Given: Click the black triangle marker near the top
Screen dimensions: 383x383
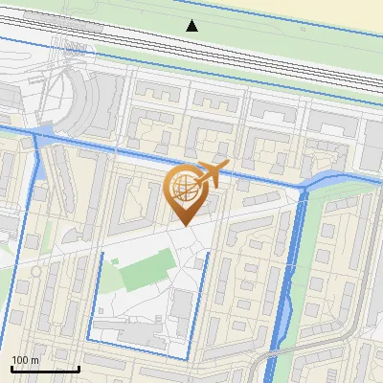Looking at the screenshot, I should tap(192, 25).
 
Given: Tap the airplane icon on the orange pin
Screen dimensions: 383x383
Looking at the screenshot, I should tap(210, 174).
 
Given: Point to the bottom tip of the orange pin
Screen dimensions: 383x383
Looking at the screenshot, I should tap(183, 225).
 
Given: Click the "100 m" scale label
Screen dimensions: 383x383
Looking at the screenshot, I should tap(26, 360).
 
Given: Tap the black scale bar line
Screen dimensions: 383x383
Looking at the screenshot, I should tap(45, 369).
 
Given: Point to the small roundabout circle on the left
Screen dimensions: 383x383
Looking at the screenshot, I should tap(36, 272).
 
